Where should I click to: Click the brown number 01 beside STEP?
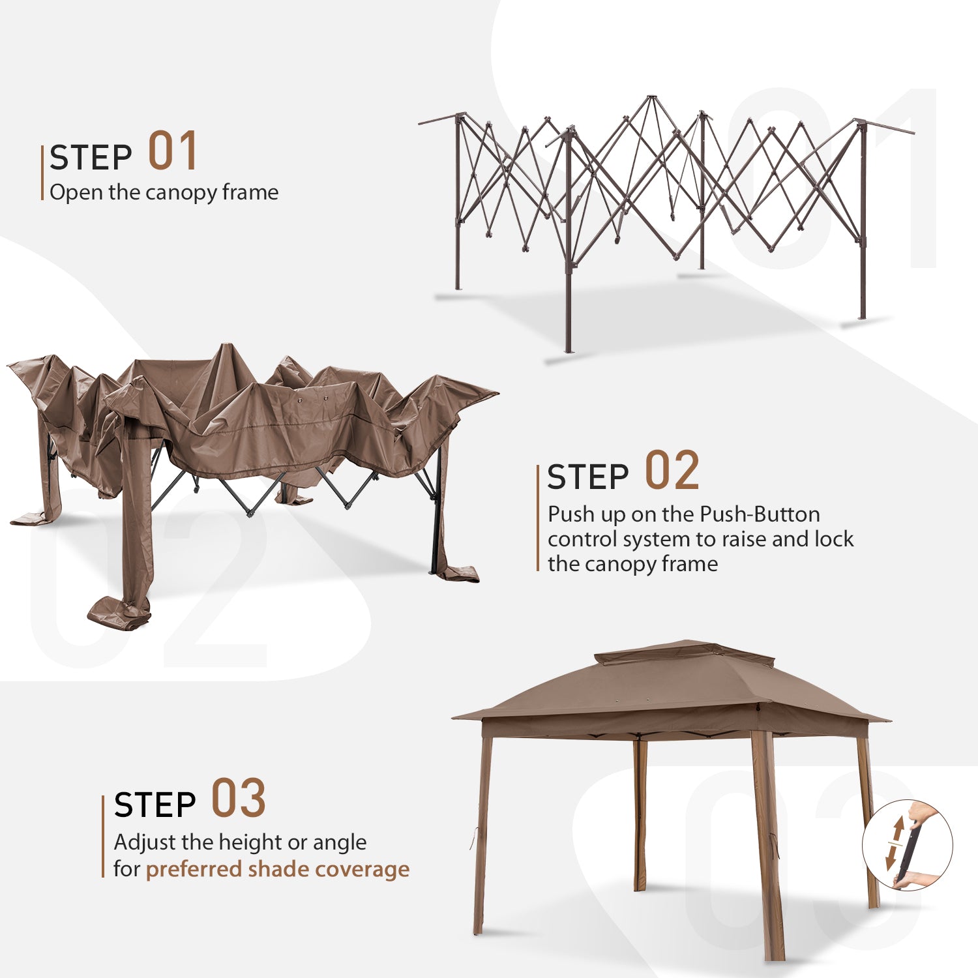pos(173,151)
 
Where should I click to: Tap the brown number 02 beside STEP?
pos(672,470)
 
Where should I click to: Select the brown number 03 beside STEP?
pos(239,798)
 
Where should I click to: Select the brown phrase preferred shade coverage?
pos(278,870)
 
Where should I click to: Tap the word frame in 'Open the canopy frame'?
pos(250,192)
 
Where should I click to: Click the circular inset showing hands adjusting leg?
pos(908,846)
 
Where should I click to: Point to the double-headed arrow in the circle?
pos(895,842)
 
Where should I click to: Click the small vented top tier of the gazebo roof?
pos(685,653)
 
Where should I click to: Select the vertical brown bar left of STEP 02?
pos(538,518)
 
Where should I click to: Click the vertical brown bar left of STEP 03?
pos(103,837)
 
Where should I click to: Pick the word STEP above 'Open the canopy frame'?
pos(91,158)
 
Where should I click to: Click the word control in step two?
pos(582,539)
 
